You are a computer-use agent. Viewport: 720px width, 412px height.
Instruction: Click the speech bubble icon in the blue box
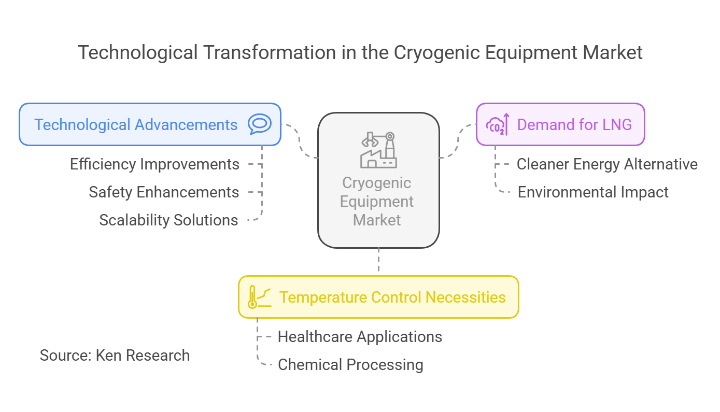[260, 124]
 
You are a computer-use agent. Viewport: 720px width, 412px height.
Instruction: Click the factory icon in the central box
[378, 150]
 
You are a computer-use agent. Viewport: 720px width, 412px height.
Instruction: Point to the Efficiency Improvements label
[154, 164]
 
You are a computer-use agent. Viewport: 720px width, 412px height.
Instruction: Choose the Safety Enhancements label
[164, 192]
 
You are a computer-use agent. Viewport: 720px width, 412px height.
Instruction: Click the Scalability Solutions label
[169, 220]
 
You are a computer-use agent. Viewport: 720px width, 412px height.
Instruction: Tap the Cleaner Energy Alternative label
[607, 164]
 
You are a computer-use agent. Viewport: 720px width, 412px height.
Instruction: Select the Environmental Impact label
[593, 192]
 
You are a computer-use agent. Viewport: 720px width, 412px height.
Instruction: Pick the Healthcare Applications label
[360, 337]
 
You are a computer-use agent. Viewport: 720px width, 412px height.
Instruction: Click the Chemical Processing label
[351, 365]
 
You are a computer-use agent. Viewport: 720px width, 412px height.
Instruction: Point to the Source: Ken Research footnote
[115, 356]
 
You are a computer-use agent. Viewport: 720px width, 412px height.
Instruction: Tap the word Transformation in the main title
[270, 52]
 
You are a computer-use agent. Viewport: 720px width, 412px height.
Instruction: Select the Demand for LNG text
[574, 125]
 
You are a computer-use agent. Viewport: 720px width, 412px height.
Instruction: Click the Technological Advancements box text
[136, 125]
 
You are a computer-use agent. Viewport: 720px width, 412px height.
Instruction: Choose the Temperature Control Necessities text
[392, 297]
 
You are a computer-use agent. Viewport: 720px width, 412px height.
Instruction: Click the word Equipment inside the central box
[377, 202]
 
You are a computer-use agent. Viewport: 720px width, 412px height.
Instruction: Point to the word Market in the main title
[612, 52]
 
